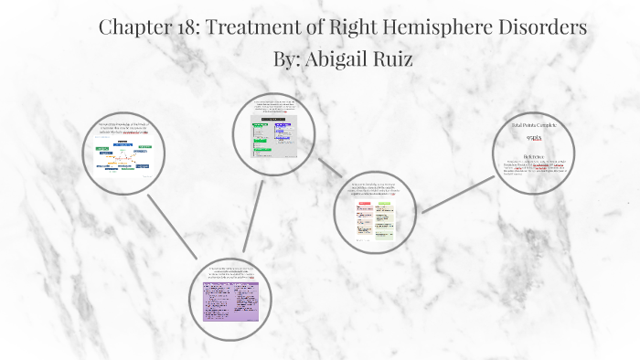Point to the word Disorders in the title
[x=541, y=26]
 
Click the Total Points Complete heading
[x=532, y=123]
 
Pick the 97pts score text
[x=532, y=137]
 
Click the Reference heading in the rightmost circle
[x=532, y=155]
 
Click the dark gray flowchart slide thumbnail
[x=273, y=138]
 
